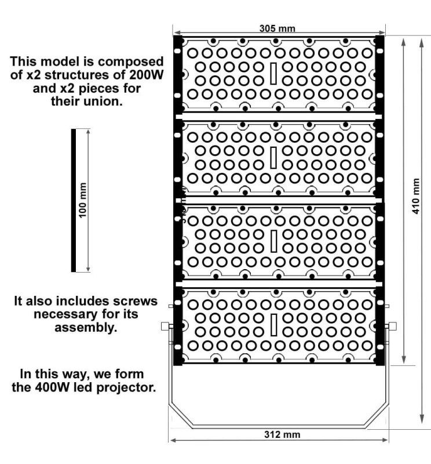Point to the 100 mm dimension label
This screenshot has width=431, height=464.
[x=82, y=200]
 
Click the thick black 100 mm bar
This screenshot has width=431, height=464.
[x=74, y=200]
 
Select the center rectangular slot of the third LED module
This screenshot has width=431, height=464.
[x=273, y=241]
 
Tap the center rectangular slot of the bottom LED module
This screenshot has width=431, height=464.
[x=273, y=325]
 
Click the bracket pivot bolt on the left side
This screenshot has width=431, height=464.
[x=165, y=326]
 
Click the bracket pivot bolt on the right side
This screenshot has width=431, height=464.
[x=393, y=326]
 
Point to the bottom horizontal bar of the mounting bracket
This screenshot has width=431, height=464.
[x=279, y=427]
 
